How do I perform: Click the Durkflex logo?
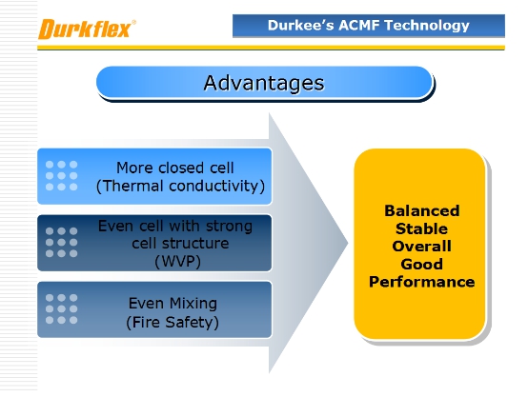click(x=87, y=29)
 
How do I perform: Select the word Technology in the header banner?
click(x=427, y=26)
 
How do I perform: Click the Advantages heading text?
click(x=264, y=83)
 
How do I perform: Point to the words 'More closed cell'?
click(x=174, y=168)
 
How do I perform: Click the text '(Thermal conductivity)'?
click(x=180, y=186)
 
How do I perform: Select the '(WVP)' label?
click(x=178, y=262)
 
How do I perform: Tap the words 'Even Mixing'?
click(x=173, y=304)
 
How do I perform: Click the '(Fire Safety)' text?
click(x=173, y=323)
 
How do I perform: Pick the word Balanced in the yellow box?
click(x=422, y=211)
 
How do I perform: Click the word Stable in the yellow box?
click(x=421, y=228)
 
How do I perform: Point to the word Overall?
click(x=421, y=247)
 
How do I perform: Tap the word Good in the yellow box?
click(x=421, y=264)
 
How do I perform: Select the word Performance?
click(x=422, y=282)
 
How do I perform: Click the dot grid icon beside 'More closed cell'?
click(x=61, y=175)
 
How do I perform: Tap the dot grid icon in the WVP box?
click(x=61, y=242)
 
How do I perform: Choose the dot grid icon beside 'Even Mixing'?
click(x=61, y=308)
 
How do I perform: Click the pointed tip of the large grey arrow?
click(x=348, y=243)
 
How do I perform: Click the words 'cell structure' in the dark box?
click(x=180, y=244)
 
